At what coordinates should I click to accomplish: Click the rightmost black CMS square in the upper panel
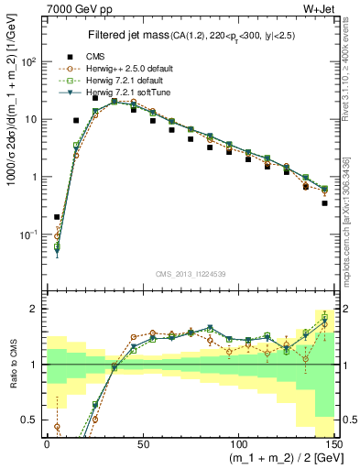(325, 203)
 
